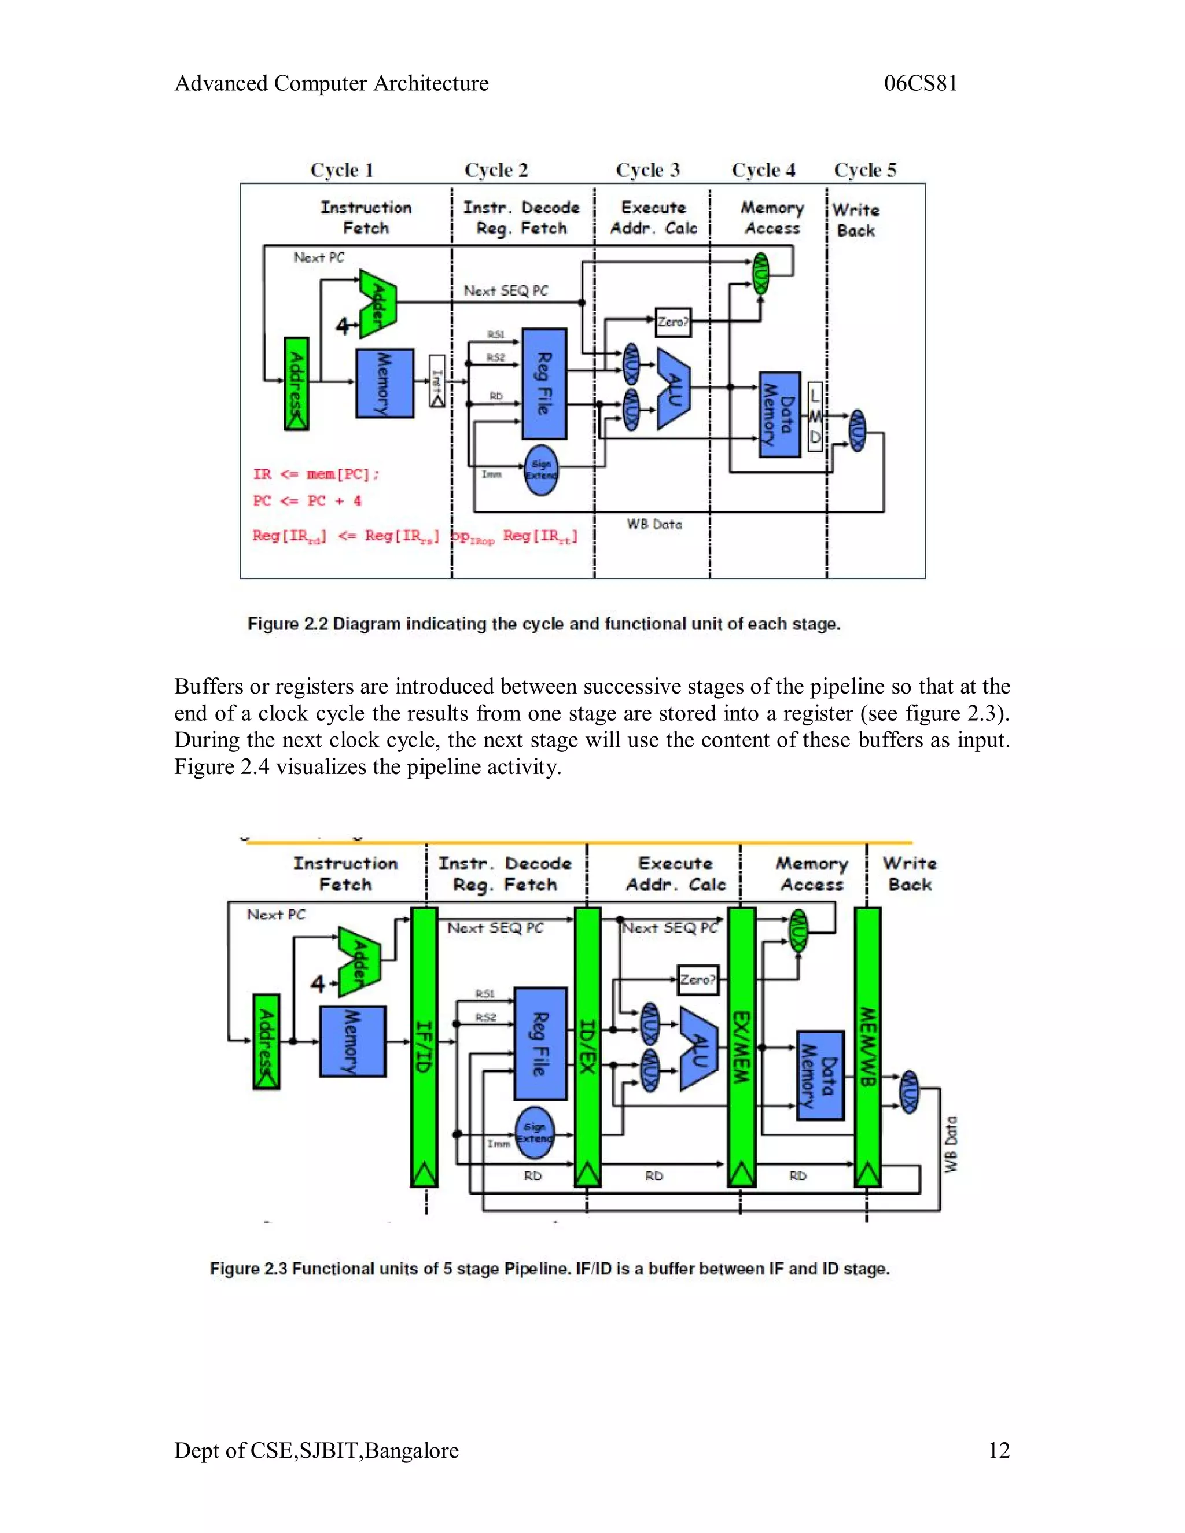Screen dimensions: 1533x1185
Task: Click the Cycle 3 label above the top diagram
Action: point(647,170)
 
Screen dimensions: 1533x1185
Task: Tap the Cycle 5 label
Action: point(865,170)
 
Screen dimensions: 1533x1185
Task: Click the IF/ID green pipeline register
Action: point(424,1046)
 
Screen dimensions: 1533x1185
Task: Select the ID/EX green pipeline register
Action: point(588,1046)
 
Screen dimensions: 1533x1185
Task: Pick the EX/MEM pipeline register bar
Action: point(741,1046)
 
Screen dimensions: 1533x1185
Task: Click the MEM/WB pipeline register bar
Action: point(868,1046)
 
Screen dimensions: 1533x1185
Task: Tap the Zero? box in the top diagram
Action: point(672,322)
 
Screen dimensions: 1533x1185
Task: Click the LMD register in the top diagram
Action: point(815,417)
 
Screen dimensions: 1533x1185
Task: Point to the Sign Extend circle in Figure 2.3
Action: point(535,1133)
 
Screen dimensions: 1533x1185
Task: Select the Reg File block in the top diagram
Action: point(544,383)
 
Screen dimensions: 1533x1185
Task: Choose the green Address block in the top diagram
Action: point(296,383)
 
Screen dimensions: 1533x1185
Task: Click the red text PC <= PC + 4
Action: point(307,501)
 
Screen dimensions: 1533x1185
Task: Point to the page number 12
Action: point(998,1450)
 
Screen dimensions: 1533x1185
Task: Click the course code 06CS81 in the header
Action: point(921,83)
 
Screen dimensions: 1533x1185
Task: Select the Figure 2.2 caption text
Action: point(544,624)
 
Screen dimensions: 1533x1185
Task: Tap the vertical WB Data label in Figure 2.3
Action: point(951,1144)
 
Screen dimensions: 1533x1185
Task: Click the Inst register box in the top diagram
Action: point(437,381)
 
